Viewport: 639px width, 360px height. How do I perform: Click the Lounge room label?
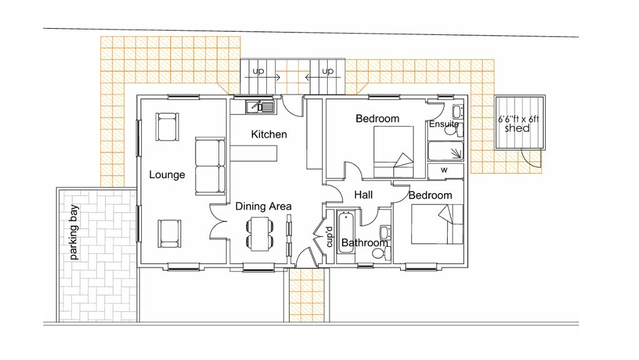click(167, 175)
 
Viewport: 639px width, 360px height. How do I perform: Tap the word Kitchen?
click(269, 134)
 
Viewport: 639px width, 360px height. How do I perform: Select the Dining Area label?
click(263, 206)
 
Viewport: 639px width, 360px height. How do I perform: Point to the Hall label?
click(363, 194)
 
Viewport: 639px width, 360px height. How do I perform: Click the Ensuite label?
click(444, 124)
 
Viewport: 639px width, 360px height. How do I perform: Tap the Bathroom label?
click(365, 242)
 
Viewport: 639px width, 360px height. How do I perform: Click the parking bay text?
click(74, 232)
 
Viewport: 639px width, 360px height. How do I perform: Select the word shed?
click(517, 128)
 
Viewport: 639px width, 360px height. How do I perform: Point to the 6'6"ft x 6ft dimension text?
click(518, 119)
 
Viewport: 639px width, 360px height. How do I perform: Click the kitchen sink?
click(260, 107)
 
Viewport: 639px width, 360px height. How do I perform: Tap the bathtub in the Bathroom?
click(347, 231)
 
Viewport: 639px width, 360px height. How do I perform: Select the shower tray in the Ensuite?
click(445, 151)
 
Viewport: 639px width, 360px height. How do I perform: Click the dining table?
click(260, 234)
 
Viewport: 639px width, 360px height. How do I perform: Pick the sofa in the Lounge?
click(210, 166)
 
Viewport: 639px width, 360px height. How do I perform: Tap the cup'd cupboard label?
click(330, 237)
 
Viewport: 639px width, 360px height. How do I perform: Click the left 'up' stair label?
click(258, 71)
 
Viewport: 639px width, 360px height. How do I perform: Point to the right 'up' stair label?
click(328, 71)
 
